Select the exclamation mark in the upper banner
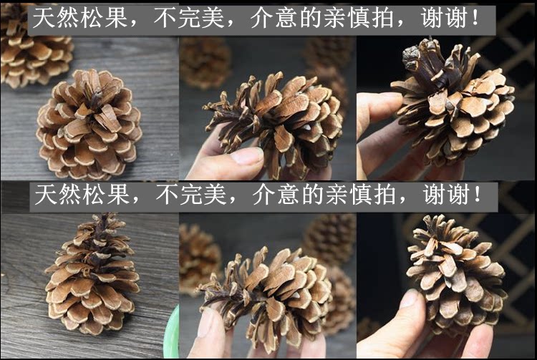(475, 17)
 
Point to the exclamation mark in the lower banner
(478, 194)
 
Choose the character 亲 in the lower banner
(337, 195)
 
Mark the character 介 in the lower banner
(264, 195)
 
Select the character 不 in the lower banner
(167, 195)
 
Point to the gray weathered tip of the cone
(411, 59)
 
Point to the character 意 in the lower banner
(289, 195)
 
